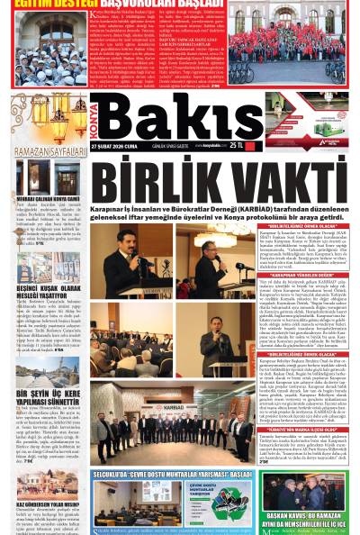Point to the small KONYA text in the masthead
94,117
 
